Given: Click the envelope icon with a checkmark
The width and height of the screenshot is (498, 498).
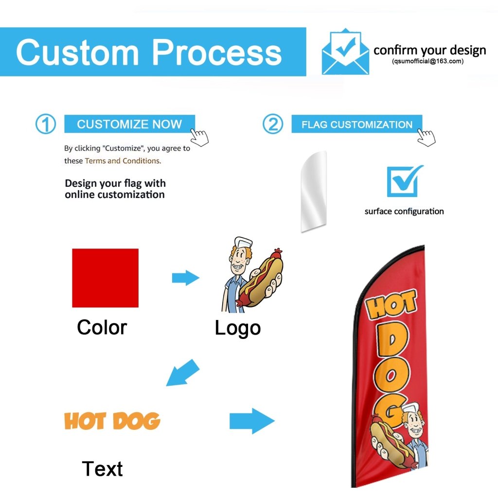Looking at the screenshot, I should pos(345,52).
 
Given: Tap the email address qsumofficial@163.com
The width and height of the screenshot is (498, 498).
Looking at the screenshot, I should pos(428,61).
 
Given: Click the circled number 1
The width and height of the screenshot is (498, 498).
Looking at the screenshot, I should pos(45,124).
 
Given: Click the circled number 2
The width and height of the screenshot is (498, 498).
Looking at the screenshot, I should pos(273,124).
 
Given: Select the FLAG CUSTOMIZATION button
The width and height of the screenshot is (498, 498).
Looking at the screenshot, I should pos(356,124).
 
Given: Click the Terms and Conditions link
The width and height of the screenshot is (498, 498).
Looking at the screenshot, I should pos(122,160).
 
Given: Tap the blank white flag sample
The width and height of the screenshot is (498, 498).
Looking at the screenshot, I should pos(313,191).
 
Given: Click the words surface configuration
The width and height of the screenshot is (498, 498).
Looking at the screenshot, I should pos(404,211).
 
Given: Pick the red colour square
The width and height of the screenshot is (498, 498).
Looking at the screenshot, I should pos(105,278).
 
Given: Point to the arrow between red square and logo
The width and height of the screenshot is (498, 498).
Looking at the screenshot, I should pos(185,278).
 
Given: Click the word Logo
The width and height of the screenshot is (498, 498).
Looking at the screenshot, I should pos(237,328).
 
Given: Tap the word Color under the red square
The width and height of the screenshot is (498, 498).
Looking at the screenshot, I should pos(102,327).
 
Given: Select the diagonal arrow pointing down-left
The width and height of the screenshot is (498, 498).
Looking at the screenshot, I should pos(183,373).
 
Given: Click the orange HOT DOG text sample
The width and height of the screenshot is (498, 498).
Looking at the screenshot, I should pos(112,421).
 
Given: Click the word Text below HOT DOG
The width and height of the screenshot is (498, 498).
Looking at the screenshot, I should pos(102,469).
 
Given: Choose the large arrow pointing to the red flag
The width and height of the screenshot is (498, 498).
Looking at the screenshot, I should pos(252,420).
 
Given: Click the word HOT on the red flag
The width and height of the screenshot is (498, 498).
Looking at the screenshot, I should pos(391,305).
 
